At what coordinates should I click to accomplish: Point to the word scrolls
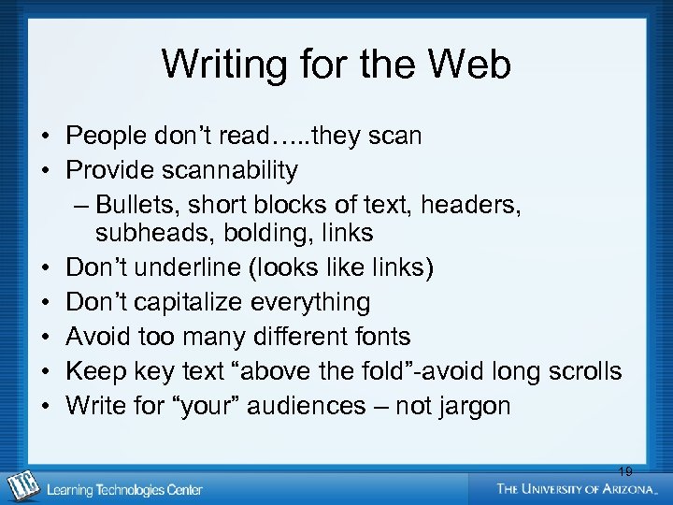[582, 371]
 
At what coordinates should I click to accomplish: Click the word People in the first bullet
[105, 136]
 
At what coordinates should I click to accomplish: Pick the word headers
[473, 204]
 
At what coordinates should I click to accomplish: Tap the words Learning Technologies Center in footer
[124, 489]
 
